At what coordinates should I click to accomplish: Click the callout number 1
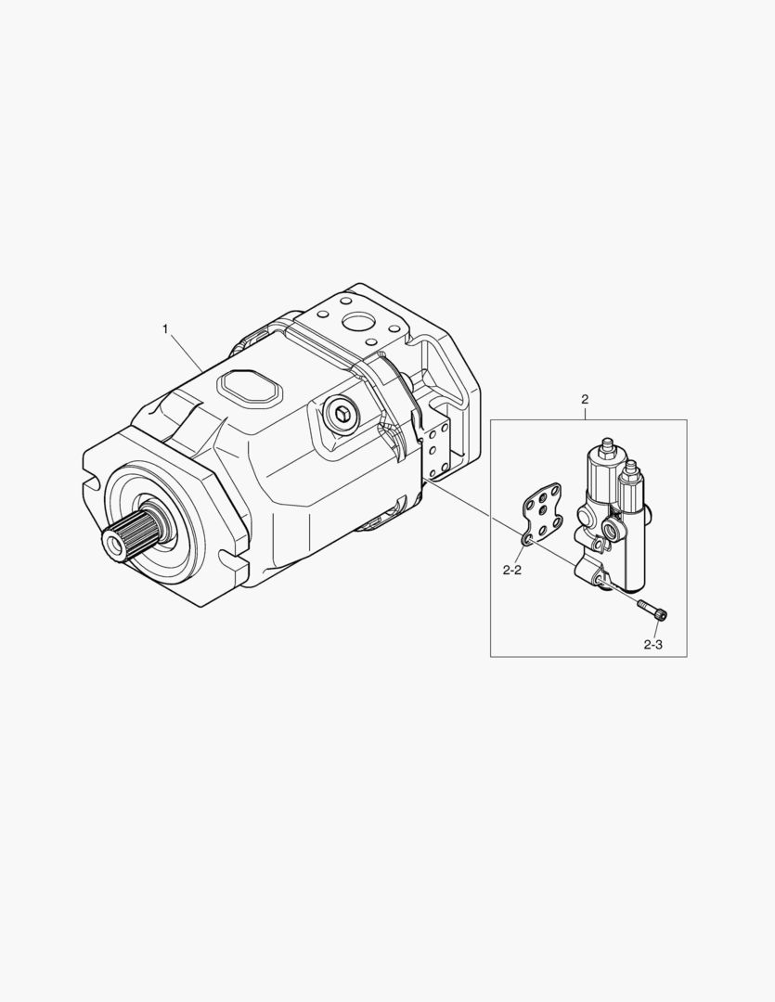[165, 329]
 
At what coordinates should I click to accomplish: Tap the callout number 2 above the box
[585, 399]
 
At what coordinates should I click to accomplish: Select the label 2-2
[512, 570]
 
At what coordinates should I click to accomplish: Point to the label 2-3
[652, 645]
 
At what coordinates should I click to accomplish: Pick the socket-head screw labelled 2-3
[652, 609]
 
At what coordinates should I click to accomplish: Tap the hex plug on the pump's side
[342, 416]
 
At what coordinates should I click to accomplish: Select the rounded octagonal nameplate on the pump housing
[250, 388]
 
